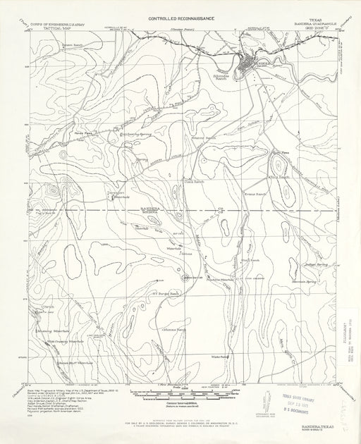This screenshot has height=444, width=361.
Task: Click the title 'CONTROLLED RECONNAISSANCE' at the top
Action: pyautogui.click(x=178, y=13)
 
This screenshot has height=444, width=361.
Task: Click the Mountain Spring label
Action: pyautogui.click(x=293, y=280)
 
